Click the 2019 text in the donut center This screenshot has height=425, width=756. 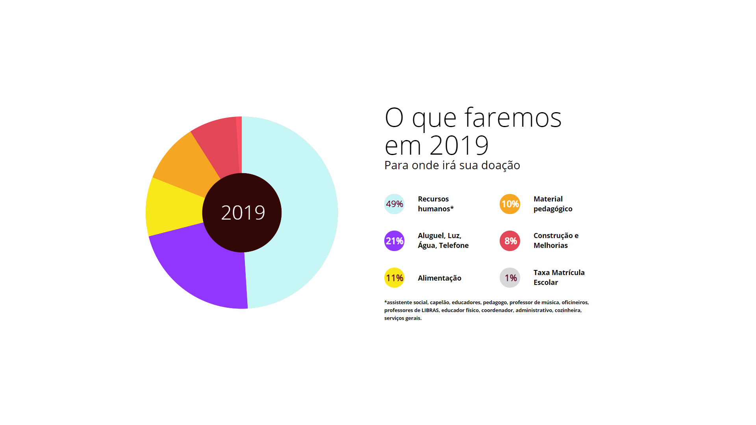point(243,213)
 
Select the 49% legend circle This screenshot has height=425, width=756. point(394,204)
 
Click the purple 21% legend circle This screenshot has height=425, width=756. point(394,241)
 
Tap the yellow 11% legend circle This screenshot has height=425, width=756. point(394,278)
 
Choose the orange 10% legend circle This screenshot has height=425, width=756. point(510,204)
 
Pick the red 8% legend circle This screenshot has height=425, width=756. point(510,241)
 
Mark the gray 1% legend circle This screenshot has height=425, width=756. point(510,278)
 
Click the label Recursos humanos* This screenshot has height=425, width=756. point(435,204)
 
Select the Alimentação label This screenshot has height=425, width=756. point(439,278)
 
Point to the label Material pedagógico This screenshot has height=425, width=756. point(553,204)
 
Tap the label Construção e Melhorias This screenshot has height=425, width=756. point(556,240)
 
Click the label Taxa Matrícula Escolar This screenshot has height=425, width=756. point(559,277)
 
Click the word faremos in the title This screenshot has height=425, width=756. point(513,118)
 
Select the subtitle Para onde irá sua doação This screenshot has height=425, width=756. point(452,165)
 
